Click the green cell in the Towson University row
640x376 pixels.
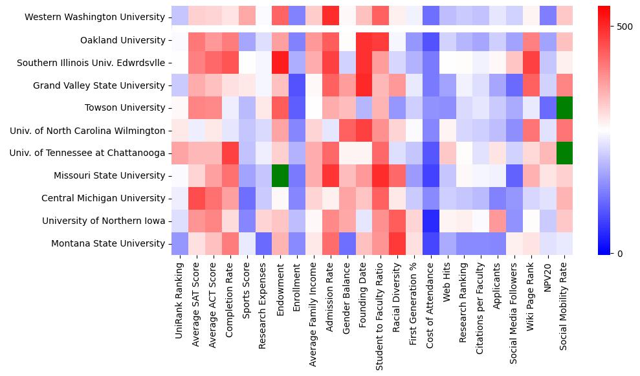(564, 107)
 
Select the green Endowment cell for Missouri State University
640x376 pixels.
(280, 175)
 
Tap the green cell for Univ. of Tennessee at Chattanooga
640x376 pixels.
(564, 153)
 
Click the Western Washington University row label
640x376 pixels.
(94, 17)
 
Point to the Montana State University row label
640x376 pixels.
(107, 243)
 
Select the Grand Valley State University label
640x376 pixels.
(99, 85)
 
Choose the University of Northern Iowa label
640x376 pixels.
(104, 221)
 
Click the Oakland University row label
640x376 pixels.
(123, 40)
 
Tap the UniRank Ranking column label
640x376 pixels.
(180, 298)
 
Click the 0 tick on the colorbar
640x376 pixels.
(620, 253)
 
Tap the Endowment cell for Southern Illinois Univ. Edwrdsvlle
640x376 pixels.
(280, 63)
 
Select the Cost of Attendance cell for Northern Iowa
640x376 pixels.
(430, 221)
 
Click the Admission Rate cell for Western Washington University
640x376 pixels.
(330, 17)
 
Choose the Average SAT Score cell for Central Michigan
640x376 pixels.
(197, 198)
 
